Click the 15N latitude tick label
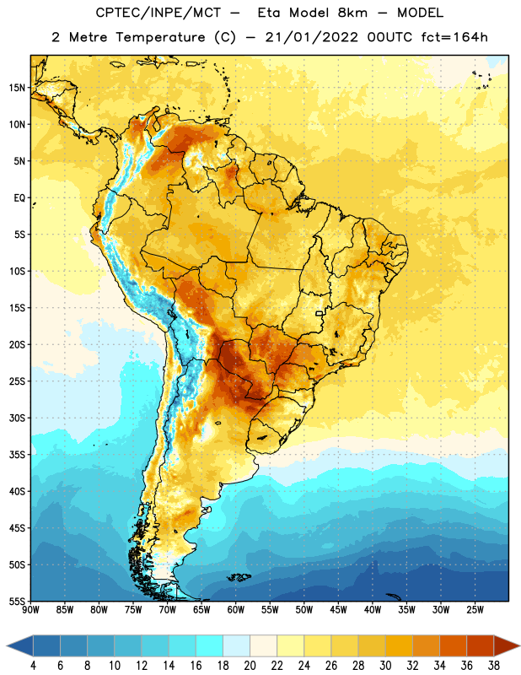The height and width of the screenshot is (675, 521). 17,88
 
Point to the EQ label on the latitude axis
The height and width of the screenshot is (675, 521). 19,198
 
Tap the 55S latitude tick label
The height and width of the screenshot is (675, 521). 17,601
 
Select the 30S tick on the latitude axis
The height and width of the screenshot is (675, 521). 17,418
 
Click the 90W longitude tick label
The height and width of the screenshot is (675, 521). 30,610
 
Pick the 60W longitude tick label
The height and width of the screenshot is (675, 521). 236,610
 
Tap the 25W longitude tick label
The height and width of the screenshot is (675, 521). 475,610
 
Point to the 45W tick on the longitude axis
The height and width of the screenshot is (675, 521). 338,610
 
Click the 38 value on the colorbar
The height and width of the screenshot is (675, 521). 493,666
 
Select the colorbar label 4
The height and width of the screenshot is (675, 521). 33,666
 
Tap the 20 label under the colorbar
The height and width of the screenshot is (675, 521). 250,666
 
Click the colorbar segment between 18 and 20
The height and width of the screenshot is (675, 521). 237,645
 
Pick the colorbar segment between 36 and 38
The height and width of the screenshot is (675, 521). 481,645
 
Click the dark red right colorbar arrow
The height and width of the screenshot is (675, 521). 506,645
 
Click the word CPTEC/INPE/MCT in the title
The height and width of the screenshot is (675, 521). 158,13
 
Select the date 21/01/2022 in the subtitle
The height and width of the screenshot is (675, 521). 311,37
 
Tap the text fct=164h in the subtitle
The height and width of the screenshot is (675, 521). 454,37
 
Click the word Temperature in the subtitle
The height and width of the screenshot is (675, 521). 160,37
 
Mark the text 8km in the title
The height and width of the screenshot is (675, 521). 352,13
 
